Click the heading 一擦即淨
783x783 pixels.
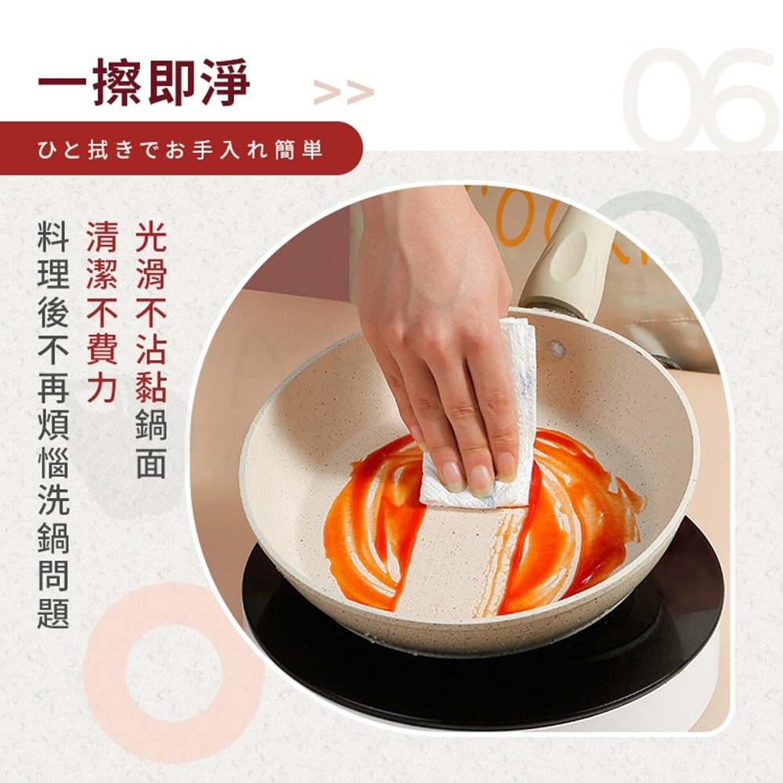144,82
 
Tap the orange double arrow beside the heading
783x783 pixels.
343,92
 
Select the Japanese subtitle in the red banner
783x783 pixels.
180,149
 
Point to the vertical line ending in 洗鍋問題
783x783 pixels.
53,424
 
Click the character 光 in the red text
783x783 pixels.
151,234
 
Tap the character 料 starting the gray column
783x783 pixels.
53,234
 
